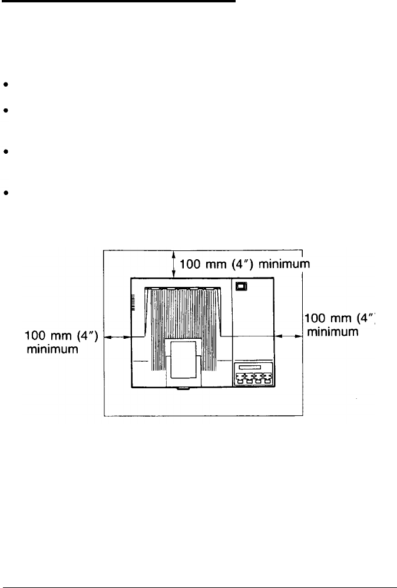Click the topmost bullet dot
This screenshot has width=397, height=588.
[5, 85]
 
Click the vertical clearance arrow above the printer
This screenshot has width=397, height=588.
[174, 263]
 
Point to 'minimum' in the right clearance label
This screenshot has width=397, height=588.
[332, 332]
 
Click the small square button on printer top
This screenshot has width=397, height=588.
[241, 287]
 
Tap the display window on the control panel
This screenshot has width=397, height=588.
[252, 368]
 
